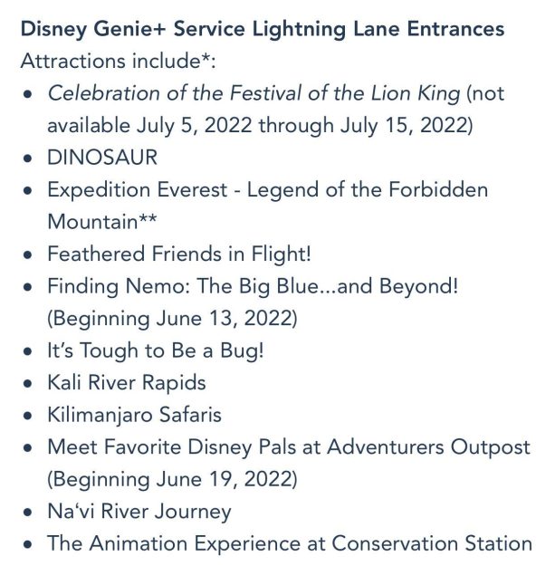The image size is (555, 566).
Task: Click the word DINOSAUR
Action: coord(102,158)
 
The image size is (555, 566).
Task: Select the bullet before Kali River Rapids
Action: coord(27,383)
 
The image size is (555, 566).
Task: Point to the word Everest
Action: coord(192,189)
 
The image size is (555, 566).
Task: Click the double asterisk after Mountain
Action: coord(148,217)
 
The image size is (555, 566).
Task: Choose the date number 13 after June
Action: coord(224,319)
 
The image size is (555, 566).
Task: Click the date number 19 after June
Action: coord(224,479)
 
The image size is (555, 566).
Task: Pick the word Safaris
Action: coord(190,415)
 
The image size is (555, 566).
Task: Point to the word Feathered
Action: coord(96,254)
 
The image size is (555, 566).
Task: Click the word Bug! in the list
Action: coord(242,351)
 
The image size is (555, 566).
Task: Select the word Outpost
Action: coord(491,447)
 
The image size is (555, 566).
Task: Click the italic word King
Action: coord(439,93)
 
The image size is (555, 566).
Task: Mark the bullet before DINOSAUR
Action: coord(27,158)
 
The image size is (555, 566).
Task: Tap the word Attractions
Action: coord(73,61)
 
